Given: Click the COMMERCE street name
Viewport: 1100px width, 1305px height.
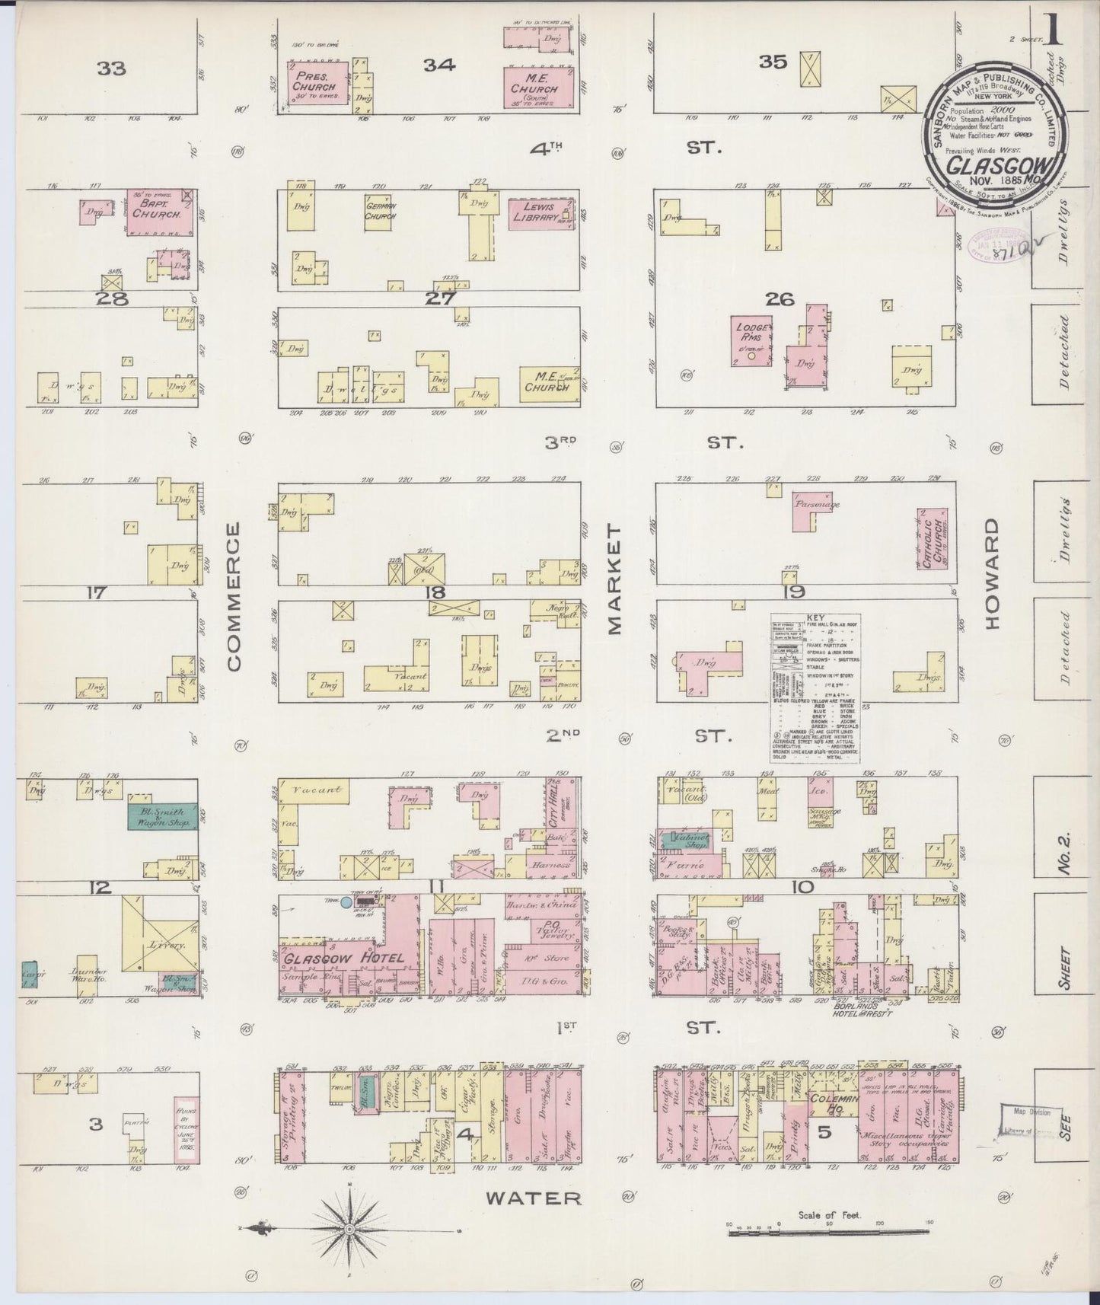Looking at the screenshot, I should [x=233, y=596].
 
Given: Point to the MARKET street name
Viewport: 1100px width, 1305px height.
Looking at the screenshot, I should [x=614, y=579].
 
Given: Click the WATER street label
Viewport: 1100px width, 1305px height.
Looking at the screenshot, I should [x=534, y=1198].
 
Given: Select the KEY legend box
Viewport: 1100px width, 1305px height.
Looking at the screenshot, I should [x=815, y=688].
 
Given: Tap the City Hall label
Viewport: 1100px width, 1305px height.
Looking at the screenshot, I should [x=553, y=802].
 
